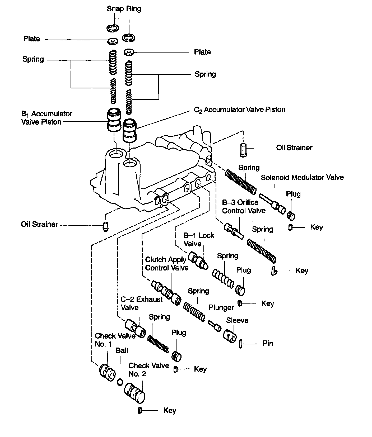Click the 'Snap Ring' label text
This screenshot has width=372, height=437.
[124, 9]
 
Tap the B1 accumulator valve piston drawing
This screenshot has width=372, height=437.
[114, 120]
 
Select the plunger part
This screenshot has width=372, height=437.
[214, 325]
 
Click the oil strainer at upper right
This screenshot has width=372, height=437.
[243, 150]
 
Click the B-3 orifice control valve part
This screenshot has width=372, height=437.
[234, 231]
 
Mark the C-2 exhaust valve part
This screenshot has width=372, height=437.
[136, 328]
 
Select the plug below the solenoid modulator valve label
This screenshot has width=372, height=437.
[291, 215]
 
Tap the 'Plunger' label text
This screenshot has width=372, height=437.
[221, 307]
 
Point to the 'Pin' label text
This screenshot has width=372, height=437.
[268, 343]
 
